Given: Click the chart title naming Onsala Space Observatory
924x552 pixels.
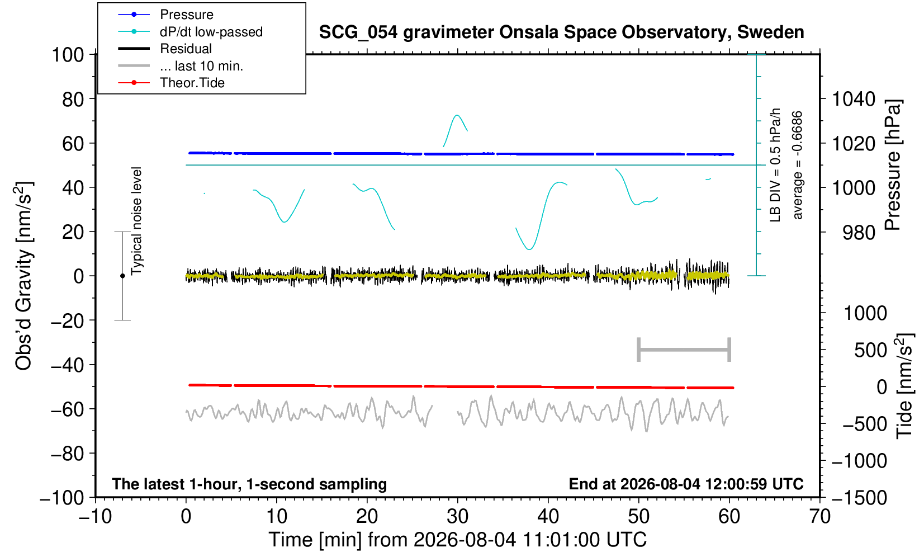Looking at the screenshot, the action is [561, 32].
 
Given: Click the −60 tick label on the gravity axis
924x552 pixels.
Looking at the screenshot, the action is [67, 409].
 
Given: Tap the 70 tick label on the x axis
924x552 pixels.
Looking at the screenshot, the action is [819, 517].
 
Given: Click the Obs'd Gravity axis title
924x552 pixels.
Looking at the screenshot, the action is [24, 276].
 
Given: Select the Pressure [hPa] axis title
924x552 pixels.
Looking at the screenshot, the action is [893, 165].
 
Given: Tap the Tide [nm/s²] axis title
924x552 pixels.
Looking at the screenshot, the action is [904, 386].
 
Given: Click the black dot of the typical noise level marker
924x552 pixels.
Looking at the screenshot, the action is [122, 276].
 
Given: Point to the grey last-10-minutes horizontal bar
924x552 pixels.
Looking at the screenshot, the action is [684, 350].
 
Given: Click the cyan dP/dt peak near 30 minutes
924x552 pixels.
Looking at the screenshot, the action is [457, 115].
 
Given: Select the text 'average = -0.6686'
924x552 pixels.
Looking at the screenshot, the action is [797, 165].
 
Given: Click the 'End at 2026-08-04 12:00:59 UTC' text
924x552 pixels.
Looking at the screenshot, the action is [686, 484].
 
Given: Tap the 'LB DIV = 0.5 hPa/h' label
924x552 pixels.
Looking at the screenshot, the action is [775, 165].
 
